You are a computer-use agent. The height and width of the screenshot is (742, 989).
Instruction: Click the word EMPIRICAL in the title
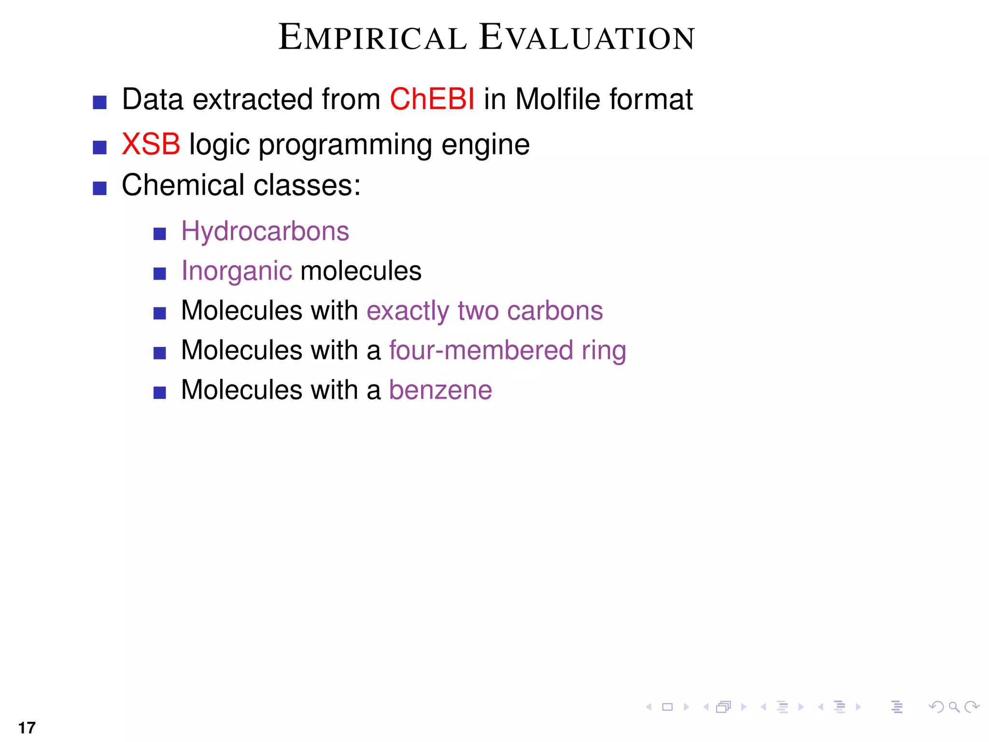tap(372, 38)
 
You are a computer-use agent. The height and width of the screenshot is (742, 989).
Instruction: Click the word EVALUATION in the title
tap(587, 38)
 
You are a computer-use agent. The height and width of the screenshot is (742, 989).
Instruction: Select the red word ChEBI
tap(432, 99)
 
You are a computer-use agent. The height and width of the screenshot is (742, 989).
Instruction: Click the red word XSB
tap(151, 144)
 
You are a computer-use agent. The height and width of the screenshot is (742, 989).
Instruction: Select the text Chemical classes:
tap(241, 185)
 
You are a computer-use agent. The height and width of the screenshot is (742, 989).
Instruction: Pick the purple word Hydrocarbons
tap(265, 231)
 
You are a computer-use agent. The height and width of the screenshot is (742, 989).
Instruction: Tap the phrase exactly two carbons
tap(484, 311)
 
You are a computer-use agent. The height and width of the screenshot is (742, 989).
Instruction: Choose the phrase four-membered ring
tap(508, 351)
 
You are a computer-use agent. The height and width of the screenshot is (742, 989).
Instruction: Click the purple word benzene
tap(440, 390)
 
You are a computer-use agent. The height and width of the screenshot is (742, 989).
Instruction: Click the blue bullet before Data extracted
tap(99, 102)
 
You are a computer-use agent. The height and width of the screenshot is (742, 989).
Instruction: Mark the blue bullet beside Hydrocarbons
tap(159, 234)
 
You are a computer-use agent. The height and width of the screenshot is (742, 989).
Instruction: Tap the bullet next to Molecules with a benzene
tap(159, 393)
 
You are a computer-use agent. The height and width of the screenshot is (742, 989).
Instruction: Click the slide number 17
tap(27, 728)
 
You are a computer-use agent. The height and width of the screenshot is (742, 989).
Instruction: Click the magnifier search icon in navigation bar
tap(954, 707)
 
